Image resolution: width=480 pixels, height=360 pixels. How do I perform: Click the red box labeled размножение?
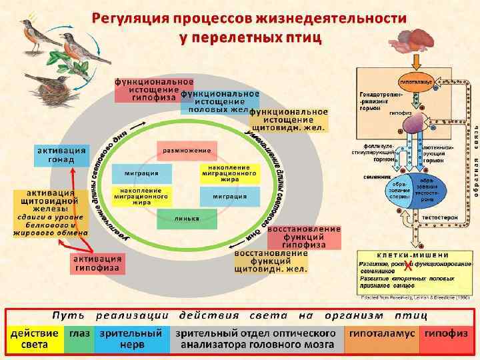[x=187, y=151]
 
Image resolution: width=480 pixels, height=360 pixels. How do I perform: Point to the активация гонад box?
[x=61, y=155]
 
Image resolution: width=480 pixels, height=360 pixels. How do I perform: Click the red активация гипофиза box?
[x=97, y=263]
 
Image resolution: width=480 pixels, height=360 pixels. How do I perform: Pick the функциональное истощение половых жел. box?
[x=219, y=101]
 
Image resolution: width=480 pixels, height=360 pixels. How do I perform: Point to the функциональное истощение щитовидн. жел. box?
[x=289, y=120]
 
